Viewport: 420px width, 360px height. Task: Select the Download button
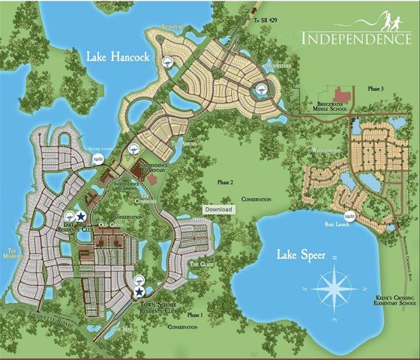click(x=219, y=209)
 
